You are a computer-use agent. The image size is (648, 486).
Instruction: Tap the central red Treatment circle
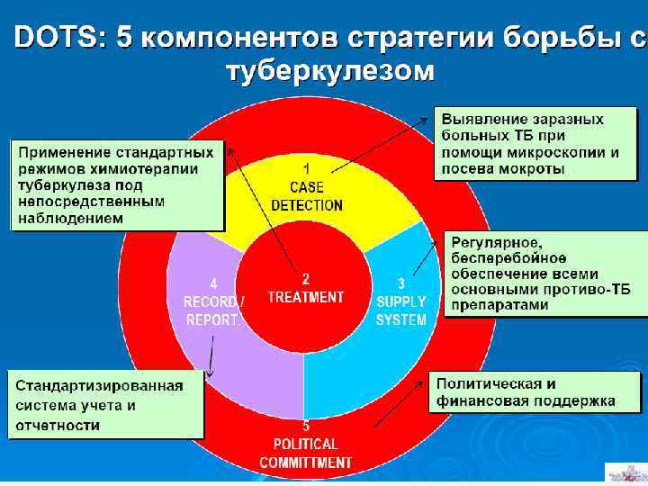click(306, 288)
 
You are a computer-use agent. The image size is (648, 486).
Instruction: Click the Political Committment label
click(306, 453)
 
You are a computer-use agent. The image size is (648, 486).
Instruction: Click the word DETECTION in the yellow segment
click(307, 205)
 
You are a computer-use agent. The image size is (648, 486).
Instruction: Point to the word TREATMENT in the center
click(306, 298)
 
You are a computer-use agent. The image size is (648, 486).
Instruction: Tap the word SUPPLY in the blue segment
click(401, 302)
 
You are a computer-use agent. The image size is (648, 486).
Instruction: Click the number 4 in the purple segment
click(212, 283)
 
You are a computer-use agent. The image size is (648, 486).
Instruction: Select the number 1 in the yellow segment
click(306, 168)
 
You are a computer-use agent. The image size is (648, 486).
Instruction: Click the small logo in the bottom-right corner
click(625, 472)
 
